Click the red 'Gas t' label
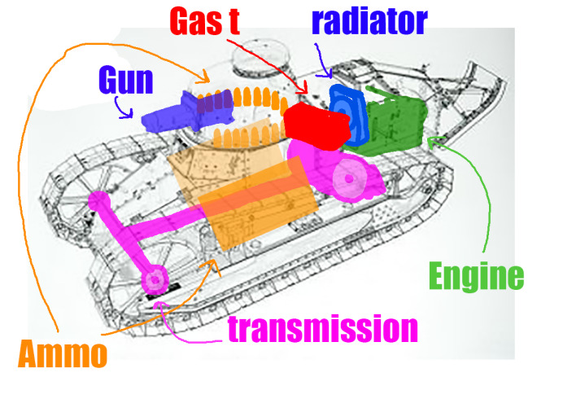204,21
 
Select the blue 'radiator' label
370,21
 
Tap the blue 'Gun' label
126,80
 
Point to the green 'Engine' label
477,277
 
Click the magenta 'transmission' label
323,328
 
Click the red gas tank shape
317,126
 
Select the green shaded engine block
390,122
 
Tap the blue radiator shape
347,115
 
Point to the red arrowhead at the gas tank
304,89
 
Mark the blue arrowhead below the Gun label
126,114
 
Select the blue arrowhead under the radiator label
327,75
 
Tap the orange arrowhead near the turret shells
205,77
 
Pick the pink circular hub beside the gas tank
349,178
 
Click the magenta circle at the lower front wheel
155,279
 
